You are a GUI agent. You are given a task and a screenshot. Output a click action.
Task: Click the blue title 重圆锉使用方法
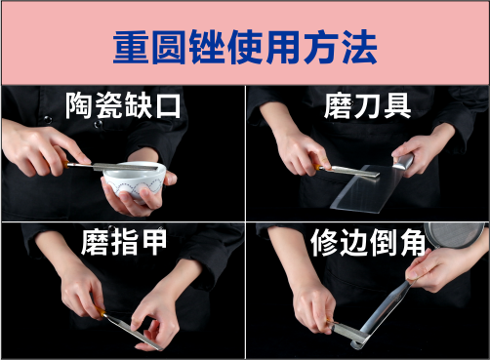(x=245, y=48)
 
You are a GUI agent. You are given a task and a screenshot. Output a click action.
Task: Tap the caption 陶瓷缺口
(x=123, y=105)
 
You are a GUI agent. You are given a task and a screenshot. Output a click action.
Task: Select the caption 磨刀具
(x=367, y=105)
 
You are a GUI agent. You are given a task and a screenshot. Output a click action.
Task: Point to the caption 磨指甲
(x=124, y=242)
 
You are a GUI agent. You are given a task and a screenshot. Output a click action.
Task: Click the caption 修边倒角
(x=368, y=243)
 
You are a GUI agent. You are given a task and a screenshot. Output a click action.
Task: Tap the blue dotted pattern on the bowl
(x=134, y=187)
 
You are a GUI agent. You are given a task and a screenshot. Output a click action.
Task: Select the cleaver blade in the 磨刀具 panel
(x=367, y=188)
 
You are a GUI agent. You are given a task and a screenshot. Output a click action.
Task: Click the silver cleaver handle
(x=403, y=162)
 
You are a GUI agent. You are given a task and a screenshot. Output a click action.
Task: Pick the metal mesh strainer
(x=456, y=235)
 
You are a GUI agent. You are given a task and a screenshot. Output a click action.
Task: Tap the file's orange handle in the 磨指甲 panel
(x=101, y=311)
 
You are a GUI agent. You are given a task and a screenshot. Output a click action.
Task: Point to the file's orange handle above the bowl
(x=66, y=164)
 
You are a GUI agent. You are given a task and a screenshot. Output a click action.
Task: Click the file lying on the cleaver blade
(x=347, y=171)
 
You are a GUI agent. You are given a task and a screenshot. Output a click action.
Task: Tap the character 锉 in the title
(x=208, y=48)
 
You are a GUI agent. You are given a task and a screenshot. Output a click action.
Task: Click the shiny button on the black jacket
(x=98, y=124)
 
